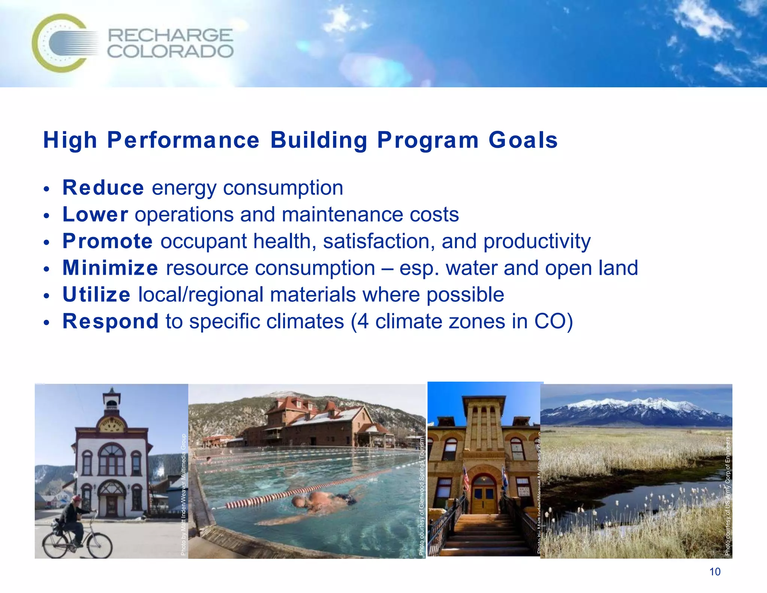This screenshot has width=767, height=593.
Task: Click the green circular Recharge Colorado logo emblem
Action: click(x=60, y=43)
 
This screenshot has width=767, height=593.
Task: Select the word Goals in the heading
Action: click(x=523, y=140)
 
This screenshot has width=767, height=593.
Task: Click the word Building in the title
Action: click(x=319, y=140)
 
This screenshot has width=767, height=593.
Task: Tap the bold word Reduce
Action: click(x=103, y=187)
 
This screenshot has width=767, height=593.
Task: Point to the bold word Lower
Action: click(x=95, y=214)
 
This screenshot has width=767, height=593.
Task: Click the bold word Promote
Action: click(x=107, y=241)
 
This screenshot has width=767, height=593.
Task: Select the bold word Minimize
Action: click(x=110, y=268)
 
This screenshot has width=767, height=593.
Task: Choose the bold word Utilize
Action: click(x=96, y=295)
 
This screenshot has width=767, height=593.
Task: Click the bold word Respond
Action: click(x=110, y=322)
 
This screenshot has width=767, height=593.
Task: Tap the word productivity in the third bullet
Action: click(x=537, y=241)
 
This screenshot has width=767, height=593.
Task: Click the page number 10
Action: click(x=715, y=572)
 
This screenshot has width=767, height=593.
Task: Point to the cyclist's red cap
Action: click(x=77, y=499)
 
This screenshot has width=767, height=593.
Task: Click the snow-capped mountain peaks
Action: click(x=637, y=407)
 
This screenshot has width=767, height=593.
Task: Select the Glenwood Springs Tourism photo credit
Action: click(x=421, y=497)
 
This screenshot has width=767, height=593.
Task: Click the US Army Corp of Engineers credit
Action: click(x=727, y=496)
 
